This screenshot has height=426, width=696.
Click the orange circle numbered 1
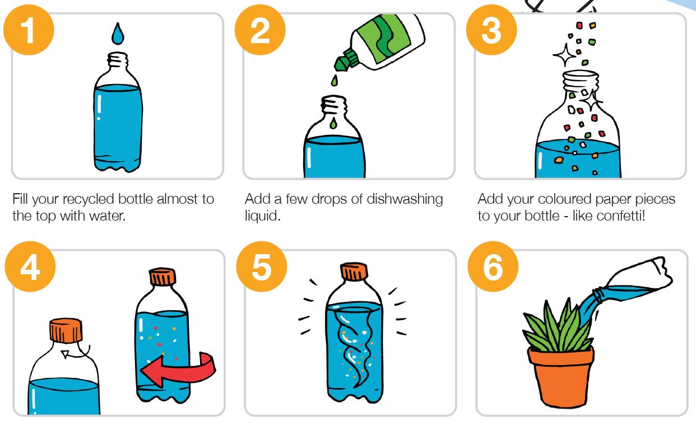coord(29,30)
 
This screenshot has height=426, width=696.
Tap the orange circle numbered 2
coord(260,30)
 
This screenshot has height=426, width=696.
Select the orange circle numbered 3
coord(491,30)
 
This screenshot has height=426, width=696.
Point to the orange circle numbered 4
coord(30,266)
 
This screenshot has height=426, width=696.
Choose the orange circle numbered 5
coord(262,266)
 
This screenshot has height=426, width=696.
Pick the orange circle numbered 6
coord(493,266)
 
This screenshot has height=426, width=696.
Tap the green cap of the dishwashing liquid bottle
coord(346,60)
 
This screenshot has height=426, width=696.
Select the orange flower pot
coord(561,376)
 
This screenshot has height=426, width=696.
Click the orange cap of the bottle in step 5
coord(354,271)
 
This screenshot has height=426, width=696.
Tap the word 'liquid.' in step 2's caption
coord(263,216)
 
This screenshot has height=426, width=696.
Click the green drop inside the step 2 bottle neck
coord(333,123)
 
